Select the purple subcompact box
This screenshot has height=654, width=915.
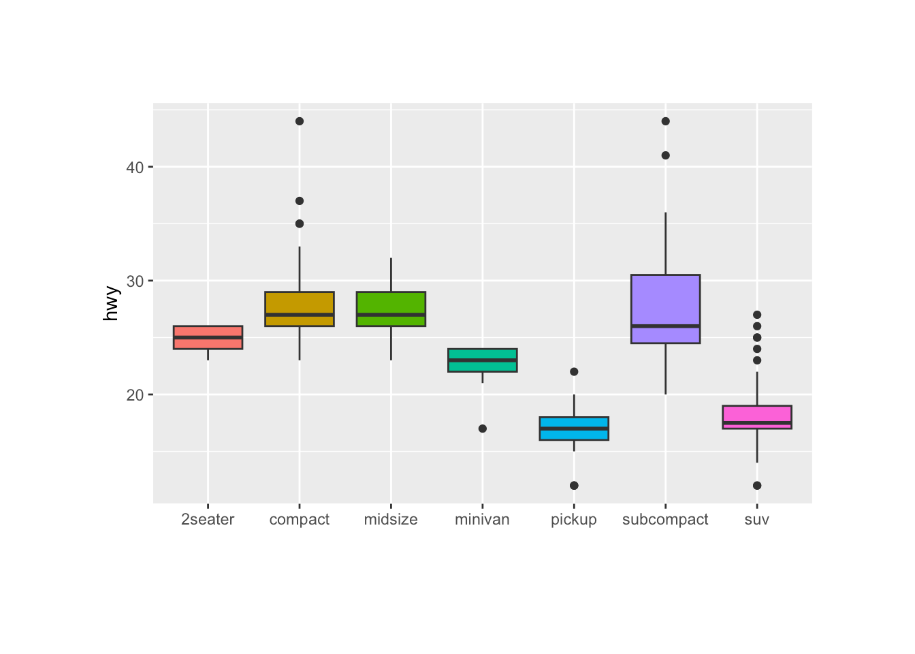pos(665,300)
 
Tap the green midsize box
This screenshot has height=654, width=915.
pos(391,302)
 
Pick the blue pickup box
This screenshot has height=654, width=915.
pos(573,435)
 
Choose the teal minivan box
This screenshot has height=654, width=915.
pos(482,366)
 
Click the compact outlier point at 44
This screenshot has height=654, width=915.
pos(300,121)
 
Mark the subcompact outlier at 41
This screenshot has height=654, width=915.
pos(665,155)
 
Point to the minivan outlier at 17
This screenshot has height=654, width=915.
pos(482,429)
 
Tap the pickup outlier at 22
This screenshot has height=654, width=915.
pos(574,371)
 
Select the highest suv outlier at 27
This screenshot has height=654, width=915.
pos(756,315)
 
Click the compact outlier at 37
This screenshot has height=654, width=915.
pos(300,201)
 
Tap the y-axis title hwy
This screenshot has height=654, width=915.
pos(111,303)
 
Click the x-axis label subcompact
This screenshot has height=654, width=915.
pos(665,520)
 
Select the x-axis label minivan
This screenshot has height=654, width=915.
pos(482,520)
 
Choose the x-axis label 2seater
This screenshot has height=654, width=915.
pos(208,520)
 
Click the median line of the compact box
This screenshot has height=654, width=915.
pos(300,315)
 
